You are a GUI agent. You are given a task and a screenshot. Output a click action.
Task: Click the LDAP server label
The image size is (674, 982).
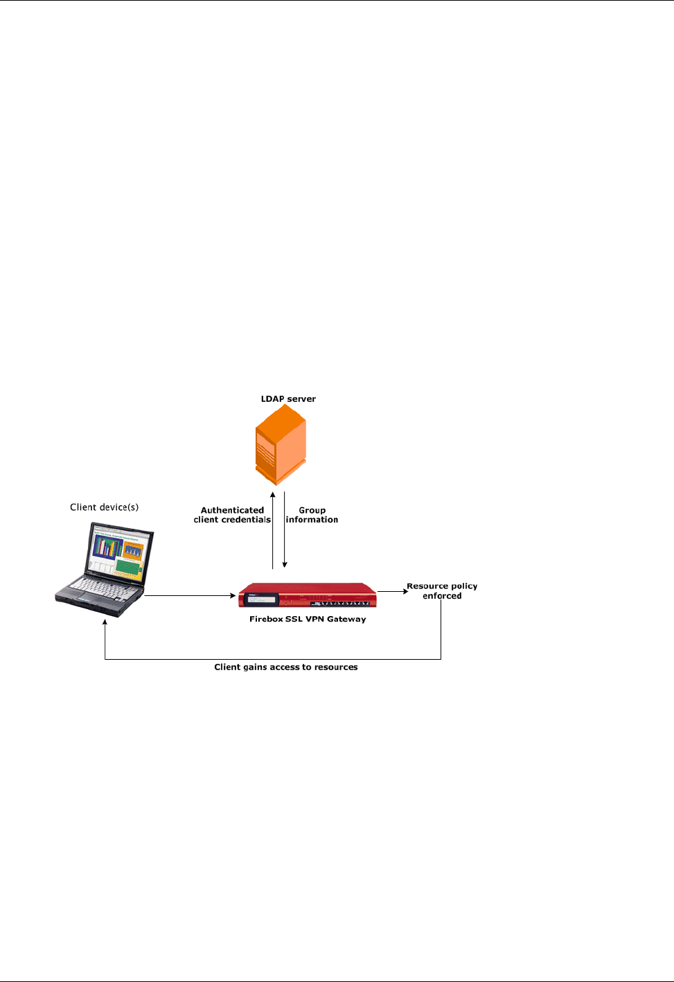[x=288, y=399]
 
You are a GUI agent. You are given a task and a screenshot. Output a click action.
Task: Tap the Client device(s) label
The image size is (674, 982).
[x=104, y=507]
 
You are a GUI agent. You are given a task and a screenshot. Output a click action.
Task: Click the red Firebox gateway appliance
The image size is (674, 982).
[x=308, y=596]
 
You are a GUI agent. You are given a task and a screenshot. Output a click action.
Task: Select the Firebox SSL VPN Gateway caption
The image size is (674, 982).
[x=308, y=620]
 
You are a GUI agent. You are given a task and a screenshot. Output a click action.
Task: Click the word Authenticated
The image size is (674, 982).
[x=232, y=510]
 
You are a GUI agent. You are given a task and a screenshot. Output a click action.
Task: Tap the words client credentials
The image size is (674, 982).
[x=232, y=520]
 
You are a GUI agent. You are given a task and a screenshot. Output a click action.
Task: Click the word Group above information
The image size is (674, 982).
[x=312, y=510]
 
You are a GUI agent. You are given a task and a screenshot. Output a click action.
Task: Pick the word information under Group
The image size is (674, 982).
[x=312, y=520]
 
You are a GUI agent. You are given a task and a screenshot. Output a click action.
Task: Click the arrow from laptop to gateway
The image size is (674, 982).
[x=190, y=595]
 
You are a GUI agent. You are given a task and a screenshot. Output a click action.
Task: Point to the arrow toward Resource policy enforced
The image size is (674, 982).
[x=393, y=592]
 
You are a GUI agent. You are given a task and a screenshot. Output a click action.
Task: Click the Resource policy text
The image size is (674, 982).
[x=442, y=586]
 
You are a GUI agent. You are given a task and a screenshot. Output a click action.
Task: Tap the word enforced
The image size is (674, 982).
[x=442, y=596]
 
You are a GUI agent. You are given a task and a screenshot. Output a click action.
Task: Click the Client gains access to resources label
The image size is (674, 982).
[x=286, y=667]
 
